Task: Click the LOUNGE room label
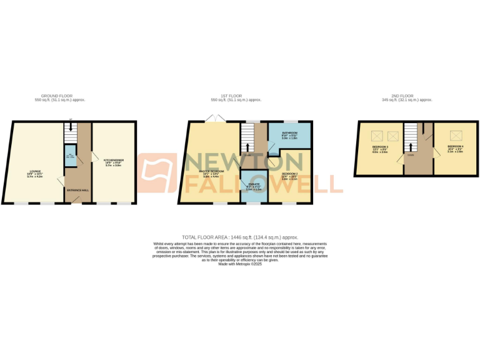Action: [x=34, y=171]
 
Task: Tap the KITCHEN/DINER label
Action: [x=114, y=161]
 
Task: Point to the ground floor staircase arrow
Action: [x=70, y=127]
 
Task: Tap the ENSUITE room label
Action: [x=254, y=185]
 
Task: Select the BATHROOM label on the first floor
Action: [x=289, y=134]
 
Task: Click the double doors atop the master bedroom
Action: [x=216, y=118]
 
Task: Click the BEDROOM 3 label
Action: [x=379, y=147]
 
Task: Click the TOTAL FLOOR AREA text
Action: [x=240, y=237]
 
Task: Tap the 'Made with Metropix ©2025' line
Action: [x=240, y=264]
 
